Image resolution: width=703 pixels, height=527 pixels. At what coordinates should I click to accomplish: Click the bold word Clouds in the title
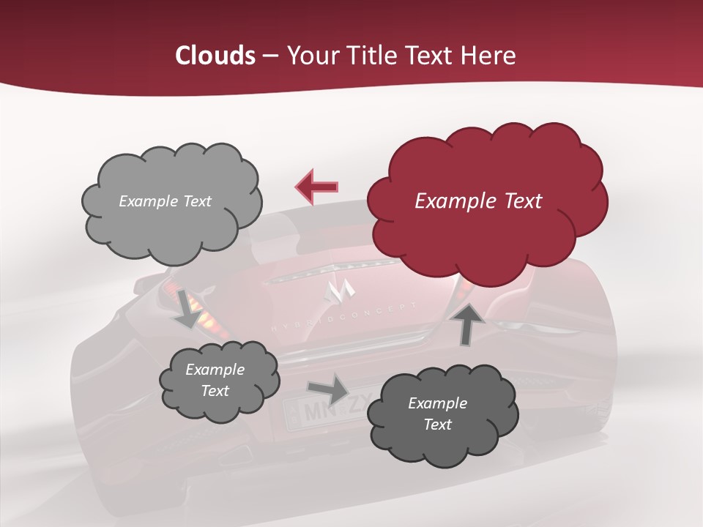coord(215,56)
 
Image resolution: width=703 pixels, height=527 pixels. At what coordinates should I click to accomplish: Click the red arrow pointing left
coord(317,186)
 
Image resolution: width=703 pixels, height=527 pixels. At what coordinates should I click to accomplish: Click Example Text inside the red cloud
coord(478,201)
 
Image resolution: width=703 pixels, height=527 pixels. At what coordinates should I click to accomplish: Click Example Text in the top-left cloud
coord(165,201)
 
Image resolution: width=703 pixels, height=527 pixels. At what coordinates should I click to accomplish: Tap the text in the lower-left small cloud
coord(215,380)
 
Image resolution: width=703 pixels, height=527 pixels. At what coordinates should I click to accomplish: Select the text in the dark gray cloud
coord(437,414)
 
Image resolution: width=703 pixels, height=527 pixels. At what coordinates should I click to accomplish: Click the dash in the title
coord(269,56)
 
